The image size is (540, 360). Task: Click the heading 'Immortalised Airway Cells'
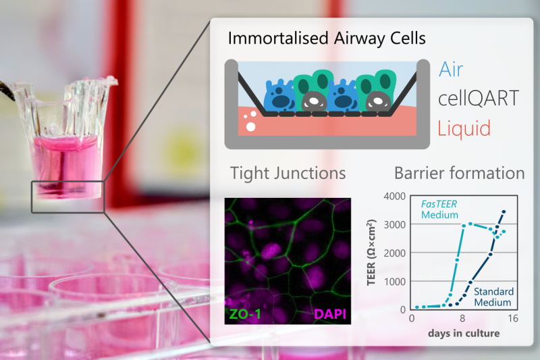click(x=327, y=38)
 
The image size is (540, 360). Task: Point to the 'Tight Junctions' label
click(x=288, y=174)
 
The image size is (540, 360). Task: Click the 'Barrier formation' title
click(x=459, y=174)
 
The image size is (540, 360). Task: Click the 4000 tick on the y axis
click(x=393, y=197)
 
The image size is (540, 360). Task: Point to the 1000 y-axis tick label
click(x=393, y=281)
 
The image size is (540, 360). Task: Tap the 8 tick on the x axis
click(x=462, y=319)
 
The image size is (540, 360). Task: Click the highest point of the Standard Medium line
click(x=504, y=212)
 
